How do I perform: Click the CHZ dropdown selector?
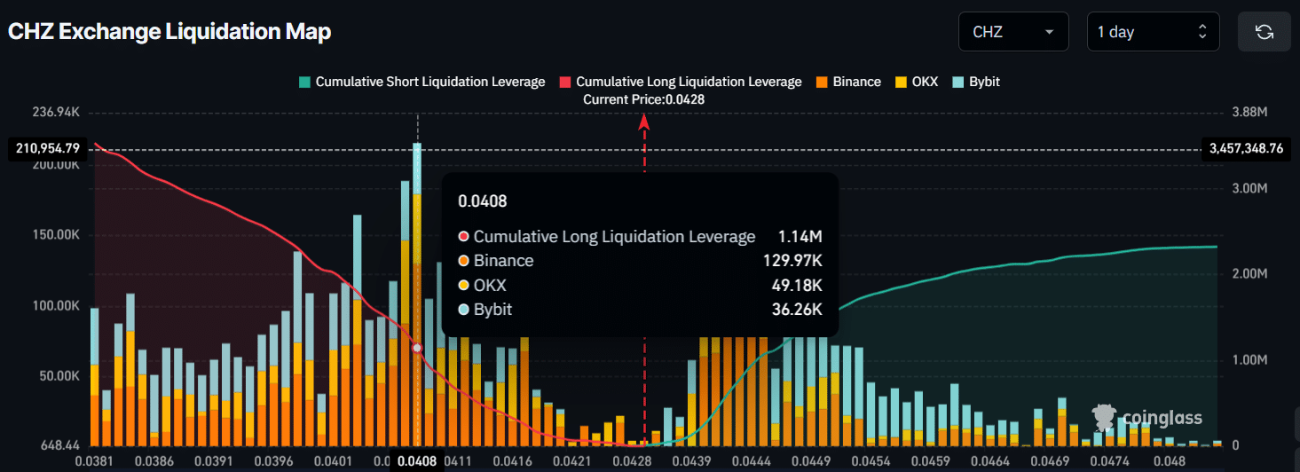(x=1013, y=32)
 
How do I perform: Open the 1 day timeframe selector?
(x=1152, y=32)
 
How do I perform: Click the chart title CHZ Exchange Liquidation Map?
(x=169, y=32)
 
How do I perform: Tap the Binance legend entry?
(x=849, y=82)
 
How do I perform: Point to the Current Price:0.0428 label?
(x=643, y=99)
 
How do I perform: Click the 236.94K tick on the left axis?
(x=56, y=113)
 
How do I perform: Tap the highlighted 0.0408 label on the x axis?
(x=416, y=461)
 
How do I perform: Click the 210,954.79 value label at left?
(x=48, y=148)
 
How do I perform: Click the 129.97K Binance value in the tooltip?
(x=792, y=261)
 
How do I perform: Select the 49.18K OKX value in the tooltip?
(x=797, y=286)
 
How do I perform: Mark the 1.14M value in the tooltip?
(x=800, y=237)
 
